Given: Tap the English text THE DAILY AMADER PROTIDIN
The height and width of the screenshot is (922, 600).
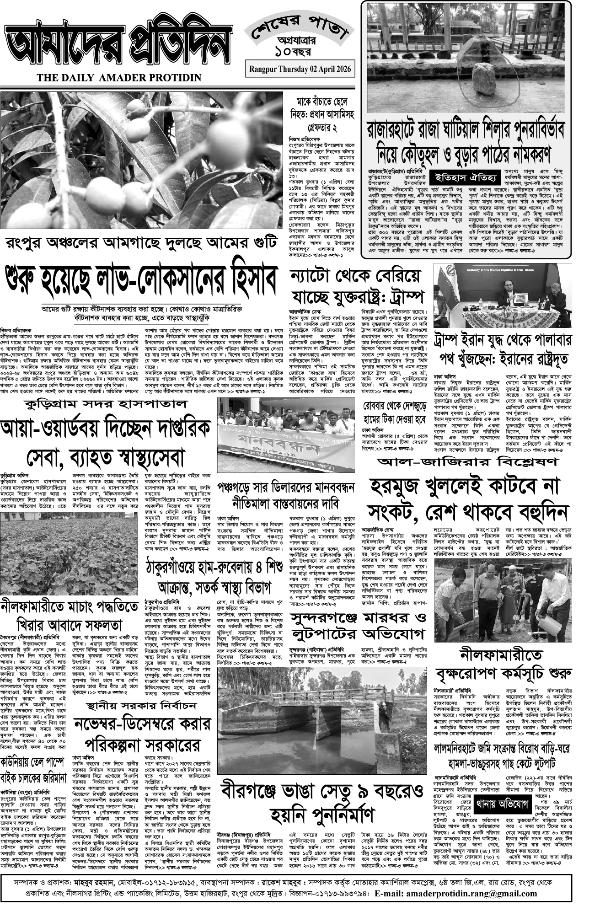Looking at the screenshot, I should click(x=119, y=78).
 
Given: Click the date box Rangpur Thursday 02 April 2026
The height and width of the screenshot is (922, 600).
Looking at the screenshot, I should click(x=300, y=69).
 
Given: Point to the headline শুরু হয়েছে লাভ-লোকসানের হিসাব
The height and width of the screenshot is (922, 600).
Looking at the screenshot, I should click(x=141, y=278).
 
